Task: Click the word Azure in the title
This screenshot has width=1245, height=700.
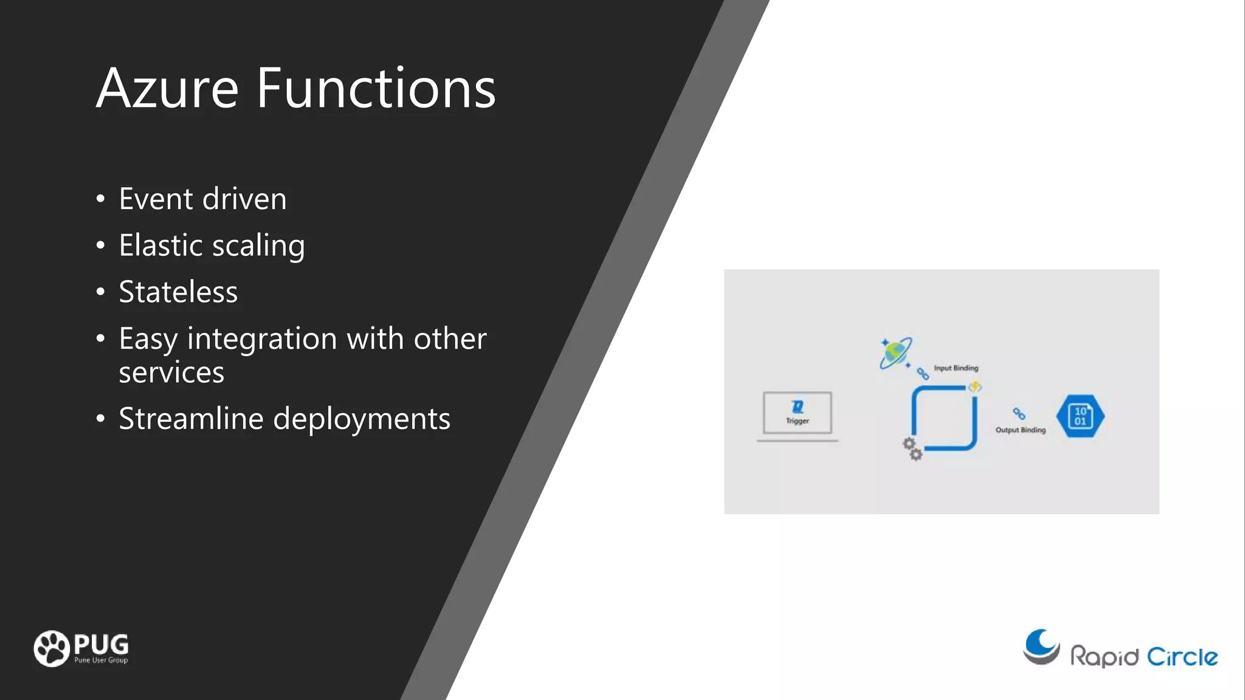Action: (x=167, y=89)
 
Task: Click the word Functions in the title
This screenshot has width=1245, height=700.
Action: (x=376, y=89)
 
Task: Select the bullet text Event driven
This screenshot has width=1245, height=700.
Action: (x=202, y=199)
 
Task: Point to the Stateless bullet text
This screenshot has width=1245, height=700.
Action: (x=178, y=292)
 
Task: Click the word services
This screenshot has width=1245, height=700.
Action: (x=171, y=372)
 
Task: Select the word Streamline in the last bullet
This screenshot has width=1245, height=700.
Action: (x=190, y=419)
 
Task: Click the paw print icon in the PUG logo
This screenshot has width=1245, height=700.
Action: (x=52, y=648)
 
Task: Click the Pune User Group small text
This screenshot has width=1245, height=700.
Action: (x=101, y=661)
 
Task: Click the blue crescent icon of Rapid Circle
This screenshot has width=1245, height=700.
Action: (x=1042, y=647)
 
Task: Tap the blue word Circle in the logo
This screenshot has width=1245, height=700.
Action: (x=1182, y=657)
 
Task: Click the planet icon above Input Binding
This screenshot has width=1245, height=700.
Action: (x=895, y=353)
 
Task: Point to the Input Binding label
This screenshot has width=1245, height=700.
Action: (x=956, y=368)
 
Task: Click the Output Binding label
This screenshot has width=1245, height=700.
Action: (x=1020, y=430)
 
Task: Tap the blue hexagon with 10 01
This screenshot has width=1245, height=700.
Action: (x=1080, y=416)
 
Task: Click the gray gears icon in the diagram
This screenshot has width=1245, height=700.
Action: (x=912, y=448)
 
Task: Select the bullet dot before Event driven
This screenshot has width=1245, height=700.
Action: (x=100, y=199)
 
